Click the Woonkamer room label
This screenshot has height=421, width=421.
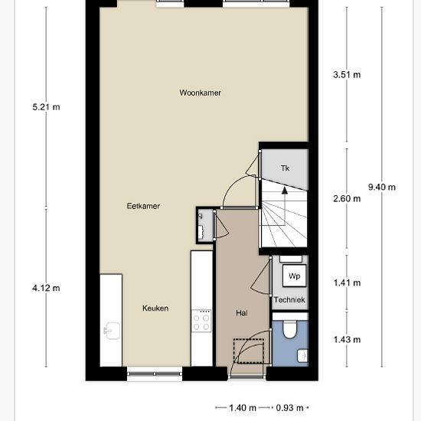pyautogui.click(x=200, y=93)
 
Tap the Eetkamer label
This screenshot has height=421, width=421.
pyautogui.click(x=143, y=206)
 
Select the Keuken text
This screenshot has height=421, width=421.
pyautogui.click(x=155, y=308)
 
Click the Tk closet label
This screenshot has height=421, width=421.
pyautogui.click(x=285, y=168)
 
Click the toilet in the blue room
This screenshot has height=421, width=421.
pyautogui.click(x=290, y=329)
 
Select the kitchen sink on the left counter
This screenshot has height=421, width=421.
pyautogui.click(x=109, y=331)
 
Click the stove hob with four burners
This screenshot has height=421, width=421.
pyautogui.click(x=202, y=321)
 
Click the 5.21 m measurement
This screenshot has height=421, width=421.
pyautogui.click(x=46, y=106)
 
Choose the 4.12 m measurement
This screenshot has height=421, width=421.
pyautogui.click(x=46, y=288)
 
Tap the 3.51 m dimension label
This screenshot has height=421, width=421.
pyautogui.click(x=347, y=75)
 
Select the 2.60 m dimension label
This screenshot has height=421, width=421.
pyautogui.click(x=347, y=199)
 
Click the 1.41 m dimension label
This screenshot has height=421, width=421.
pyautogui.click(x=347, y=283)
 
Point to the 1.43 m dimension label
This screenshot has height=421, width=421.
pyautogui.click(x=347, y=339)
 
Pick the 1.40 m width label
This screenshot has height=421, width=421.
pyautogui.click(x=242, y=408)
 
